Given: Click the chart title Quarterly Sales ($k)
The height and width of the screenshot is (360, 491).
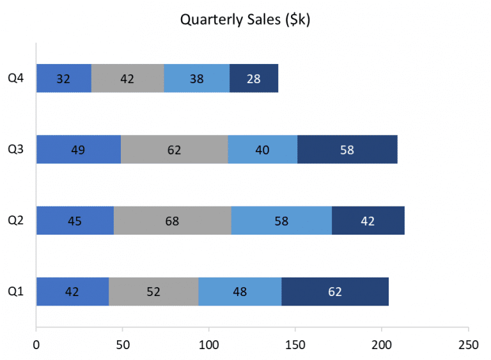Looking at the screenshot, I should coord(245,20).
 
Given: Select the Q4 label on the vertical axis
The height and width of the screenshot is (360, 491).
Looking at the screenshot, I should coord(16,79).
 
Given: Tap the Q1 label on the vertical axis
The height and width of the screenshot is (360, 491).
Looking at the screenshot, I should coord(16,292).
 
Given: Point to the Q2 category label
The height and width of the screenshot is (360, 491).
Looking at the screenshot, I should coord(16,221).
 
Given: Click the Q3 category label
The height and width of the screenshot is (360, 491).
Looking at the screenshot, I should coord(16,150).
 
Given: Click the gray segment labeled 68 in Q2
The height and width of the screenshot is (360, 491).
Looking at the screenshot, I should coord(172,221).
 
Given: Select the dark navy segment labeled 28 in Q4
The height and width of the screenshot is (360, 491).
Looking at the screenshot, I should coord(254,79).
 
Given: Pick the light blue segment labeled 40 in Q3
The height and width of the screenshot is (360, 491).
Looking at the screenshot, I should coord(262,150).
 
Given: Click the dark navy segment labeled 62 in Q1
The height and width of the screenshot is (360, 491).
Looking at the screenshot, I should coord(335,292).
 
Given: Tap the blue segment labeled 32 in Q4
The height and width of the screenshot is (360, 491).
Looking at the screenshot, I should coord(64,79).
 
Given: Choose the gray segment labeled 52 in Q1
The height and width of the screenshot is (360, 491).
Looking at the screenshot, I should coord(153,292).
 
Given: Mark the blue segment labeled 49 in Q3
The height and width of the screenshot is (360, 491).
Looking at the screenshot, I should coord(79,150).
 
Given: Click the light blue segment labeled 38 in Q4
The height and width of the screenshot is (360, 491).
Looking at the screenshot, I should coord(197,79).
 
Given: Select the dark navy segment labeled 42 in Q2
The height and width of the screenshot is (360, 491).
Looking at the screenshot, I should coord(368,221).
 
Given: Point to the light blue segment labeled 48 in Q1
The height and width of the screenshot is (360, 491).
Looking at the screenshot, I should coord(240,292).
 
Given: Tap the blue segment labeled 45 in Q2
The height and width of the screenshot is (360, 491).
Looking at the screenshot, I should coord(75,221).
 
